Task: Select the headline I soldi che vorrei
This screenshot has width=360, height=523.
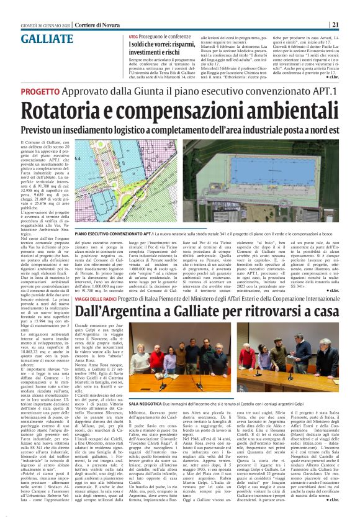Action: coord(148,45)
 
